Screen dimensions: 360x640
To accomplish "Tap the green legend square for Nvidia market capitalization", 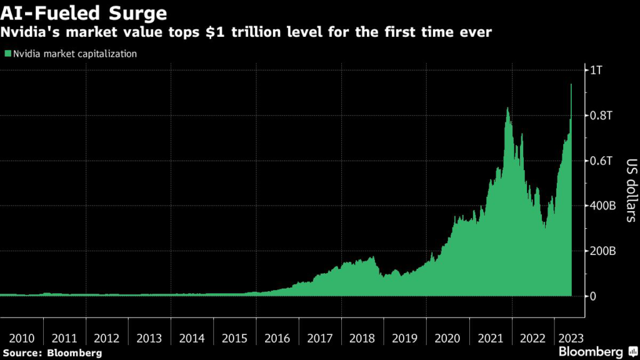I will (7, 54).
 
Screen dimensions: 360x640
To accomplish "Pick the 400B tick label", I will (603, 206).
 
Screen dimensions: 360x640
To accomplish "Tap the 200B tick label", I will (603, 251).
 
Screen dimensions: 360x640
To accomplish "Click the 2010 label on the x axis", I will (22, 338).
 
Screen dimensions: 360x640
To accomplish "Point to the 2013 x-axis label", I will (149, 338).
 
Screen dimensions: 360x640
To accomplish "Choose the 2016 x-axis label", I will (277, 338).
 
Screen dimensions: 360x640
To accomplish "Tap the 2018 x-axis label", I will (362, 338).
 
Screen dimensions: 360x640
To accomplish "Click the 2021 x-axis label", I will (490, 338).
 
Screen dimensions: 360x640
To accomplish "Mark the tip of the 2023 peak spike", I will (571, 84).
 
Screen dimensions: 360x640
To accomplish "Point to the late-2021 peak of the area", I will (507, 108).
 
